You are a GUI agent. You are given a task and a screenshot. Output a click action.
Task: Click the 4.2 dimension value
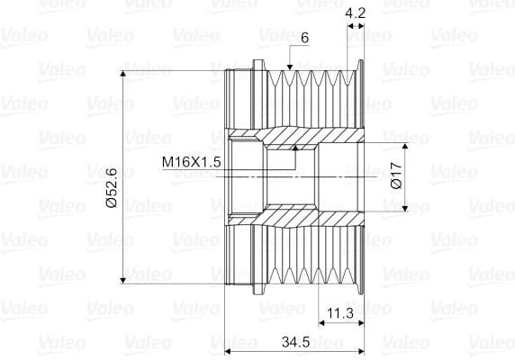click(x=356, y=13)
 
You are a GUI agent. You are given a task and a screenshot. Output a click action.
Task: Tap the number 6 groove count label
click(x=305, y=38)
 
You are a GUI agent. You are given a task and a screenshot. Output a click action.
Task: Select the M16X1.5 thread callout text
click(x=192, y=162)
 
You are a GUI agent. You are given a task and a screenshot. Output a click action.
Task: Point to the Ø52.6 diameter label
click(x=112, y=188)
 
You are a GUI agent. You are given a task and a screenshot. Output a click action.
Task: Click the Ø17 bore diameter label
click(x=397, y=175)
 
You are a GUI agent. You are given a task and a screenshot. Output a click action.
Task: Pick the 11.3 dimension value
click(x=340, y=313)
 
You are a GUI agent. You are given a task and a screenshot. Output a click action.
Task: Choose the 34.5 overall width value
click(x=295, y=342)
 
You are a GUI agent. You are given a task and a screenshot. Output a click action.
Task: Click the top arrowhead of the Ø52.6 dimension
click(x=122, y=74)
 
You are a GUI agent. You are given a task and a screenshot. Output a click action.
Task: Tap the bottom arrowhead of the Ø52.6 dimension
click(x=122, y=280)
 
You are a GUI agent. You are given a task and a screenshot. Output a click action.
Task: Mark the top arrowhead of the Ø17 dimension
click(x=405, y=146)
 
